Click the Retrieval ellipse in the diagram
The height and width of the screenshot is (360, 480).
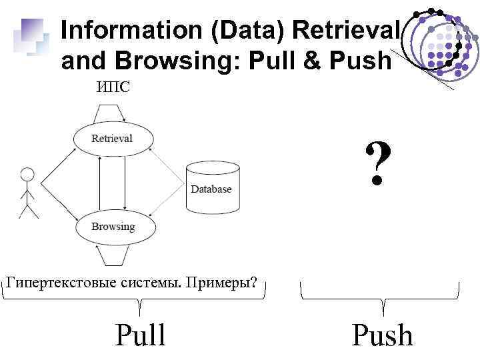pos(112,138)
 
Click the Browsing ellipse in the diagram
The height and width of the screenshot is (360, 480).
pos(113,227)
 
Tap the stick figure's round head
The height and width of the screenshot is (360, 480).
pos(27,175)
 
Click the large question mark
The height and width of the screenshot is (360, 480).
pos(377,163)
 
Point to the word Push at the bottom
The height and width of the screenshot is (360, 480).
pos(382,335)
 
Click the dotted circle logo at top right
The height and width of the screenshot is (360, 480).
pos(437,43)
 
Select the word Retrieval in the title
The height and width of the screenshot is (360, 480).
pos(345,30)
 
